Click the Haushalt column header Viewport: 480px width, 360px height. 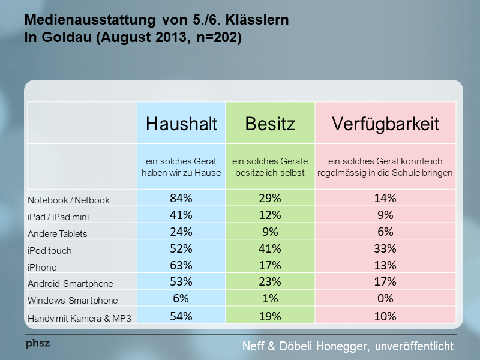(181, 124)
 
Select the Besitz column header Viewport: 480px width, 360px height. (270, 124)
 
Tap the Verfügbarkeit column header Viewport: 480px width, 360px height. (385, 124)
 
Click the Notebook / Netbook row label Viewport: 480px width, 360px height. (69, 199)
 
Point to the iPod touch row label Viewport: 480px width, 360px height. (53, 250)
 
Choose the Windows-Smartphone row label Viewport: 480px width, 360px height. (73, 300)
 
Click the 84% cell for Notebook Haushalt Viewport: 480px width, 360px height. (181, 199)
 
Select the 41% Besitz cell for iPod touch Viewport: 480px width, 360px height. (270, 249)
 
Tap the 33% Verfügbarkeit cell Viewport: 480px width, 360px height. (385, 249)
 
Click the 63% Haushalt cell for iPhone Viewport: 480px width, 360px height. (181, 266)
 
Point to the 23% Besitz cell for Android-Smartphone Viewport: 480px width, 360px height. (270, 283)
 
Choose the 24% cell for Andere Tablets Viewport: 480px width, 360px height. (181, 232)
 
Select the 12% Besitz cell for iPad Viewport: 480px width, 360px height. (270, 215)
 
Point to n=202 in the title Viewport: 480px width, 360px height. (214, 39)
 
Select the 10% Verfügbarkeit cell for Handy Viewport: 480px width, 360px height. (385, 316)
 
